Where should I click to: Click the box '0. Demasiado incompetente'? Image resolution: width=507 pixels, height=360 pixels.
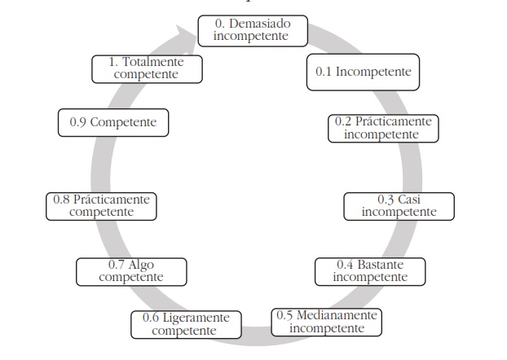(253, 30)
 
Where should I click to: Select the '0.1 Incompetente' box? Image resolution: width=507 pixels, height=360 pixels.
(363, 72)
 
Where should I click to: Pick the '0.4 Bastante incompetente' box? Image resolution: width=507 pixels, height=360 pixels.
(370, 270)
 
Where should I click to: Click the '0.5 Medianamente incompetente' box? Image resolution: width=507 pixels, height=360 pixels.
(327, 322)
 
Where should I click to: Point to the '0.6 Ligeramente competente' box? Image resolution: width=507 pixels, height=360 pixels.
(185, 323)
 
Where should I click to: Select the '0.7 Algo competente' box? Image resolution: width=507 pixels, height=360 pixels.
(130, 271)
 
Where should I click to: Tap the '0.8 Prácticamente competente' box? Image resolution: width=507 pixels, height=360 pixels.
(101, 205)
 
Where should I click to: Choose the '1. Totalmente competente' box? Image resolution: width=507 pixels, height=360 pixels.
(146, 68)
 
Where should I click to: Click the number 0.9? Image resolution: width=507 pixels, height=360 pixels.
(78, 123)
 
